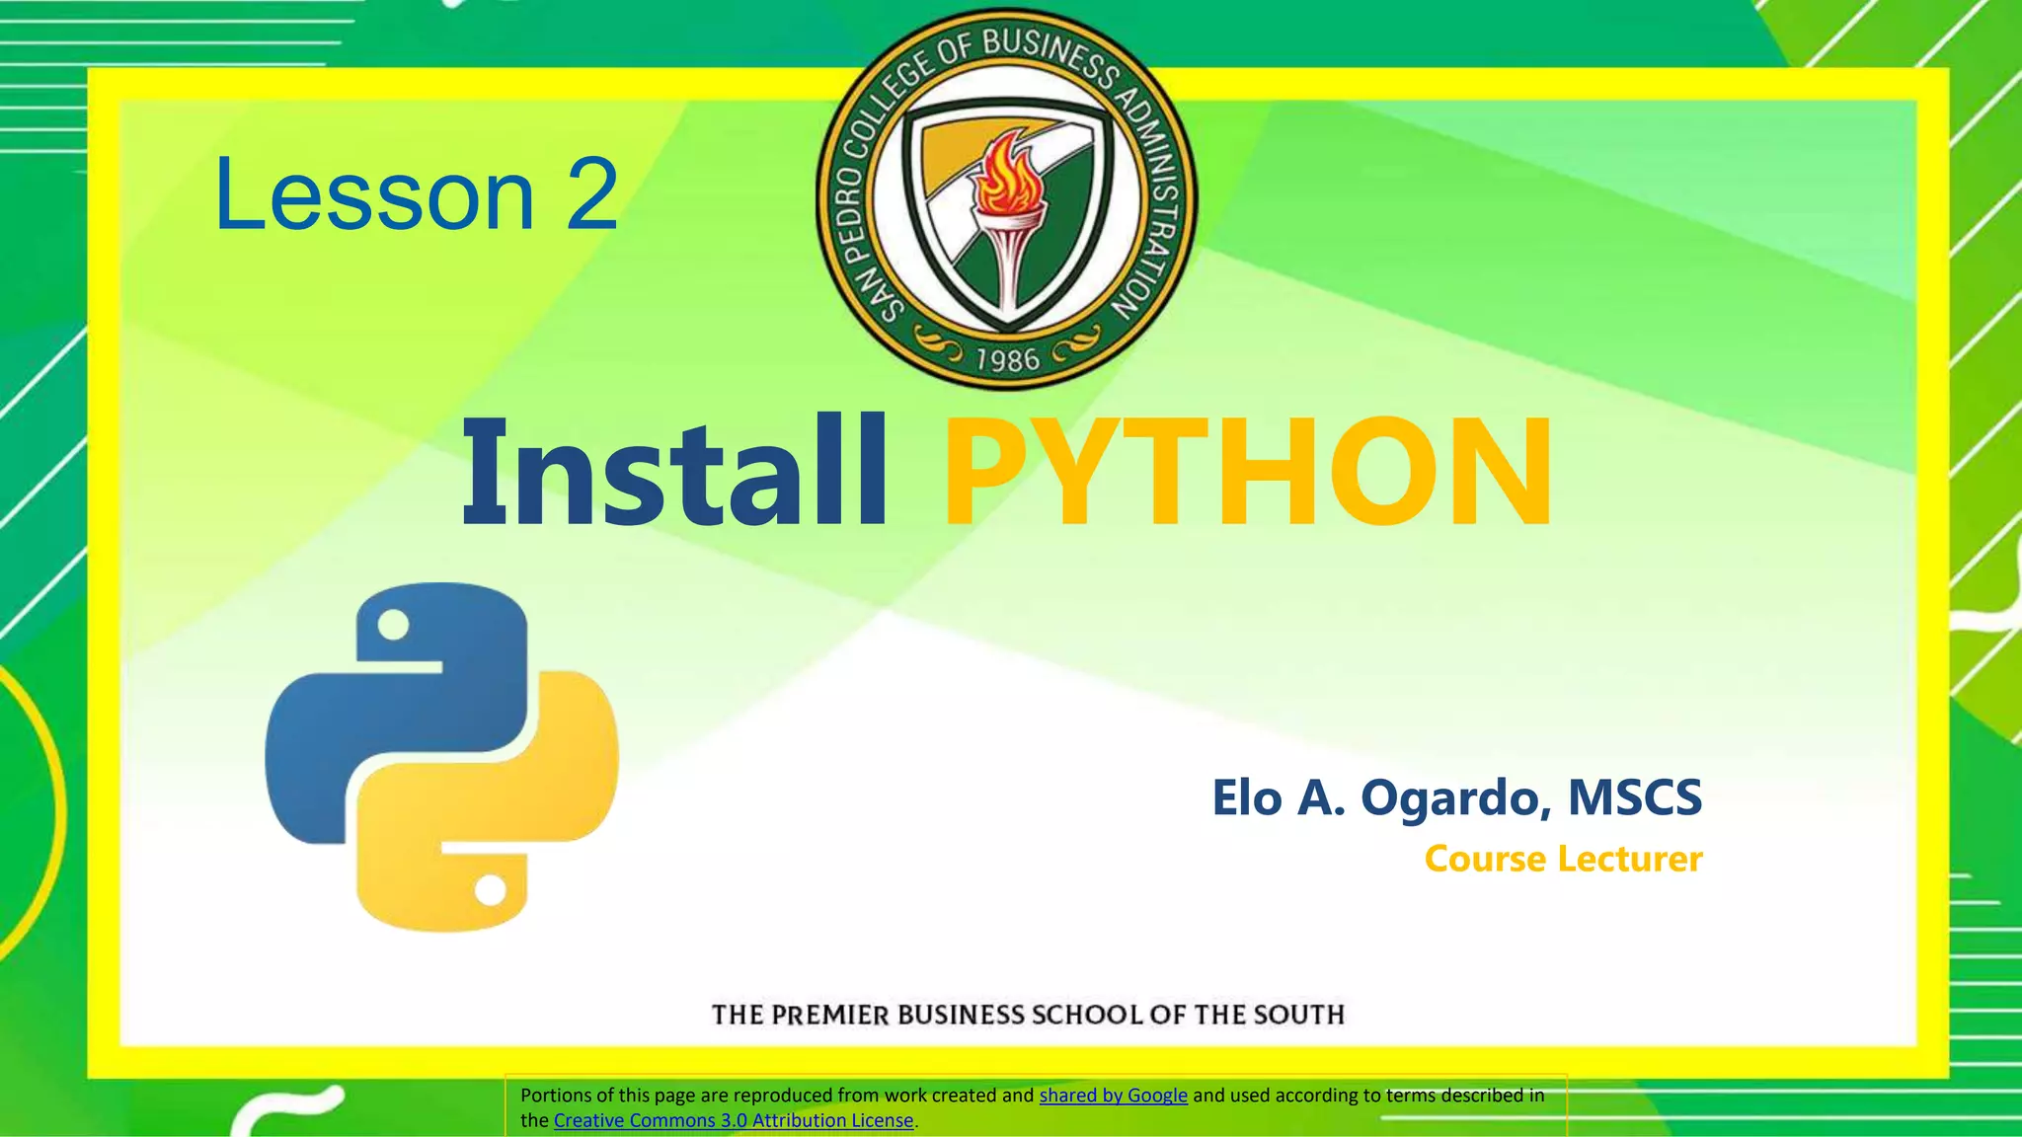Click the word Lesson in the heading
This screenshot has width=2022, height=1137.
point(374,195)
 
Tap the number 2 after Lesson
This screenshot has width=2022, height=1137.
point(591,195)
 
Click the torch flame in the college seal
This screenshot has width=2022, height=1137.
point(1004,178)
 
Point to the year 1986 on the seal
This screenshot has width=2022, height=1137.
point(1007,359)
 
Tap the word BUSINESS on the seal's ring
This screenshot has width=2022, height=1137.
point(1050,58)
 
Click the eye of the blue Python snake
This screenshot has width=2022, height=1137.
point(394,625)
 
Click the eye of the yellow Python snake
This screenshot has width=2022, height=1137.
point(491,890)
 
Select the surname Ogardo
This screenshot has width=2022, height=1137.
point(1447,798)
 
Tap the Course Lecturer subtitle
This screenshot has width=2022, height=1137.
point(1563,859)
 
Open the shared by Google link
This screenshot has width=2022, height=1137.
point(1113,1095)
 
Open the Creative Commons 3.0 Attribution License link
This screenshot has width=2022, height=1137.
point(734,1120)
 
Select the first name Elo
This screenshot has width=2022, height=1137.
point(1246,798)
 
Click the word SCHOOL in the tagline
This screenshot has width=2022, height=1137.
point(1086,1015)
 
